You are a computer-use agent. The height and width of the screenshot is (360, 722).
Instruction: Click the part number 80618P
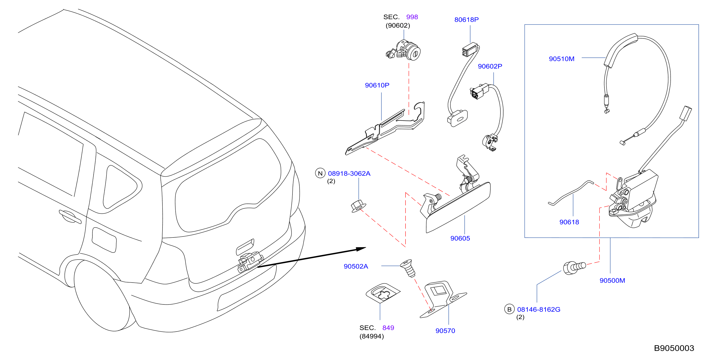tap(466, 20)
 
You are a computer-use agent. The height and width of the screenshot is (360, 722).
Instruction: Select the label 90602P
tap(490, 66)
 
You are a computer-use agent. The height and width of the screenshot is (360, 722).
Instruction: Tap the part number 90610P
tap(377, 85)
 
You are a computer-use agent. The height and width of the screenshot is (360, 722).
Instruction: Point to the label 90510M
tap(561, 59)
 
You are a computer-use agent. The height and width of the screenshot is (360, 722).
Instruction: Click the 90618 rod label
tap(569, 222)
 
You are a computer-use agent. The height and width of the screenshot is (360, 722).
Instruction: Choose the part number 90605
tap(460, 238)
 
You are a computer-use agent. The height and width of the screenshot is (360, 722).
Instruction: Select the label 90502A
tap(356, 266)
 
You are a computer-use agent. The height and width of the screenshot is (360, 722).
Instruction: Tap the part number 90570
tap(445, 331)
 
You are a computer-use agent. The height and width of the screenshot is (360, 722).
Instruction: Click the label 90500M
tap(612, 280)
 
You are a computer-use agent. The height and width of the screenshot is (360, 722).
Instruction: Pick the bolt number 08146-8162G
tap(539, 310)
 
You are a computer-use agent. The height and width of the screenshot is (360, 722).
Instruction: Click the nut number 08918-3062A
tap(349, 173)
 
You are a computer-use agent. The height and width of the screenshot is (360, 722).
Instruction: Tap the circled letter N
tap(320, 173)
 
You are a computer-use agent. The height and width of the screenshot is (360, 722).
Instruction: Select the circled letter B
tap(509, 309)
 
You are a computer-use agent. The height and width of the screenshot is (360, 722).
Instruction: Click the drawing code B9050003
tap(674, 348)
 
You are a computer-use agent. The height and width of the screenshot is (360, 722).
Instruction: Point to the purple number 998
tap(412, 17)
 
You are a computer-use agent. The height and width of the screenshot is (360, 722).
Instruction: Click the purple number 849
tap(388, 328)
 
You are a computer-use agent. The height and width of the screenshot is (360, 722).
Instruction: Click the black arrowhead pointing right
tap(361, 249)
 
